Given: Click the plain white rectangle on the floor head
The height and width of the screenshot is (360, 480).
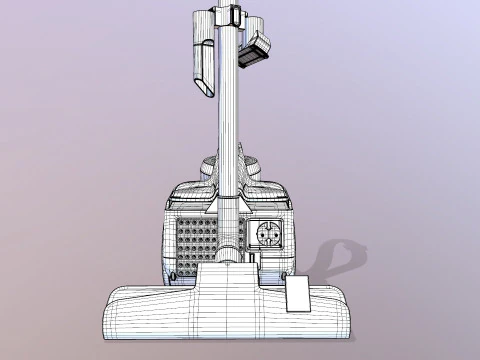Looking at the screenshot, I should (298, 296).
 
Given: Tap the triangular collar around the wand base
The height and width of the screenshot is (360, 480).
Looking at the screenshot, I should (227, 205).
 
